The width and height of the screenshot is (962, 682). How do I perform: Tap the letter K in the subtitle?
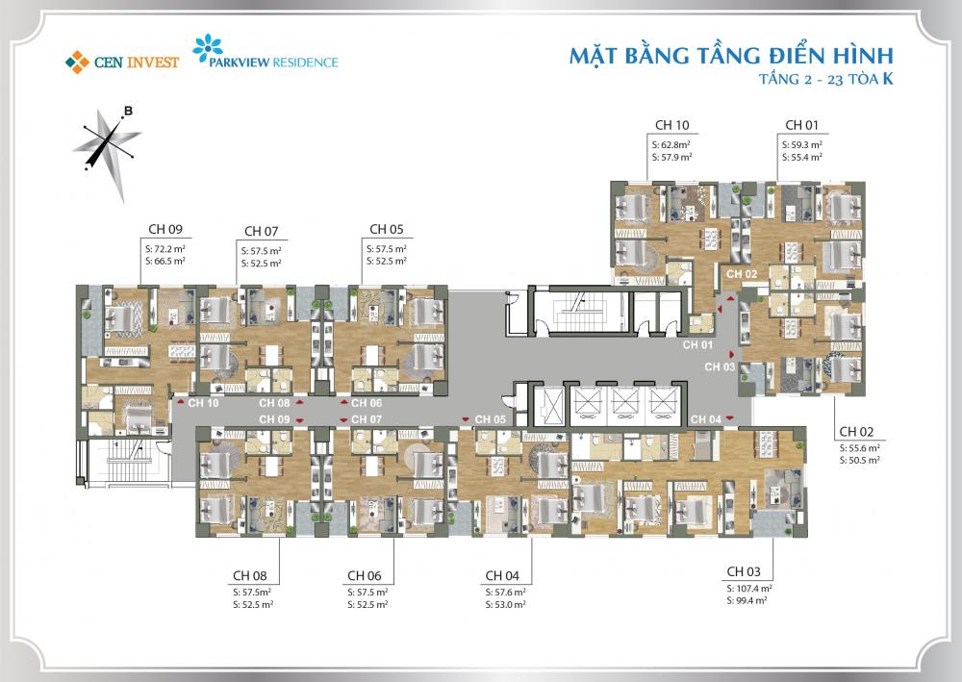tap(887, 79)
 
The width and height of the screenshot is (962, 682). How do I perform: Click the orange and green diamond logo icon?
tap(77, 62)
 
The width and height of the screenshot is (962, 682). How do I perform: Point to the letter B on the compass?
tap(129, 111)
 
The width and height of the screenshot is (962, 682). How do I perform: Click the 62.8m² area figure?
tap(675, 145)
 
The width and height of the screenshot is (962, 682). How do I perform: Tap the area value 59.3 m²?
tap(806, 145)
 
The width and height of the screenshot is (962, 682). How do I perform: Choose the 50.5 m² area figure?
tap(864, 460)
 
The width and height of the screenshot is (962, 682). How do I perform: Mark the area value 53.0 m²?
tap(509, 605)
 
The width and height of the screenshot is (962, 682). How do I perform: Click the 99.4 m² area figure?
tap(751, 600)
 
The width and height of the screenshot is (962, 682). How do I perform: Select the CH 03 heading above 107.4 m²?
tap(744, 571)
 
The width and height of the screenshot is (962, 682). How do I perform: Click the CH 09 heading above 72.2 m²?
tap(165, 229)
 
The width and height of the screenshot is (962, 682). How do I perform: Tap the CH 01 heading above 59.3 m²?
tap(802, 125)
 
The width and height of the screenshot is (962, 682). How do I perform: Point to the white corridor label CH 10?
tap(203, 403)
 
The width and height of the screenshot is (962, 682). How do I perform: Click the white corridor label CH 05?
tap(491, 419)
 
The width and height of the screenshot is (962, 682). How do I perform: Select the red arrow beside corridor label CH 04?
tap(729, 418)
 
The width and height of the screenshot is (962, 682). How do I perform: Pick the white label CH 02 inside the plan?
tap(742, 274)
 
